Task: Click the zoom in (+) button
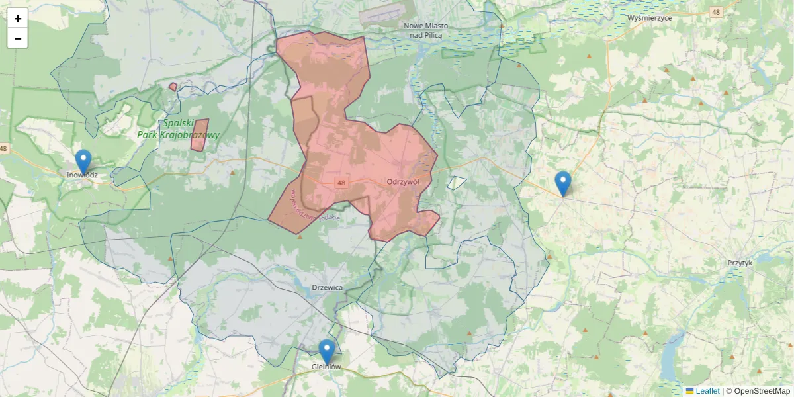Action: tap(18, 19)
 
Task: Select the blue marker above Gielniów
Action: tap(326, 351)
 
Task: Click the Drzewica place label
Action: tap(327, 288)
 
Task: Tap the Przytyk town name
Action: tap(740, 263)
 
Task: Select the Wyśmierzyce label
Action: tap(650, 18)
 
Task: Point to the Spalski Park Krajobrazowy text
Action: tap(177, 129)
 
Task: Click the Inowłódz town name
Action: tap(82, 175)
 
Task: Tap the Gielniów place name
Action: tap(326, 367)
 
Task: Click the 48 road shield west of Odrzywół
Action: tap(341, 183)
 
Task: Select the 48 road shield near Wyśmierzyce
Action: tap(716, 12)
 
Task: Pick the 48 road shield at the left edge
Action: tap(4, 148)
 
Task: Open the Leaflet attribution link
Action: tap(707, 391)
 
